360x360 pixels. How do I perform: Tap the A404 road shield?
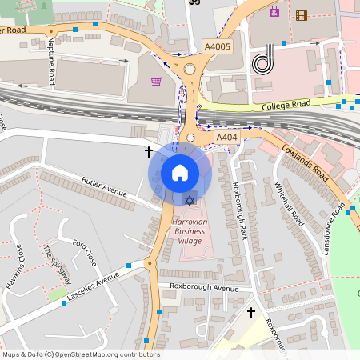pyautogui.click(x=228, y=138)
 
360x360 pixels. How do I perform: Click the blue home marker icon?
pyautogui.click(x=180, y=172)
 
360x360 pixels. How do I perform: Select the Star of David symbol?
pyautogui.click(x=190, y=198)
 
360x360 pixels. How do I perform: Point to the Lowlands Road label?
pyautogui.click(x=306, y=162)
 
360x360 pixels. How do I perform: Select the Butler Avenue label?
pyautogui.click(x=105, y=187)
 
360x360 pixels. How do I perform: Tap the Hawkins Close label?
pyautogui.click(x=15, y=254)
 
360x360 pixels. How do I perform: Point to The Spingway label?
pyautogui.click(x=58, y=265)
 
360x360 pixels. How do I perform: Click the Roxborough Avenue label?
pyautogui.click(x=204, y=287)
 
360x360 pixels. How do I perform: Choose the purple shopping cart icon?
pyautogui.click(x=156, y=82)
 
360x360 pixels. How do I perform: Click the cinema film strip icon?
pyautogui.click(x=301, y=14)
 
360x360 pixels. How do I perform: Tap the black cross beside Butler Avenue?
pyautogui.click(x=148, y=150)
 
